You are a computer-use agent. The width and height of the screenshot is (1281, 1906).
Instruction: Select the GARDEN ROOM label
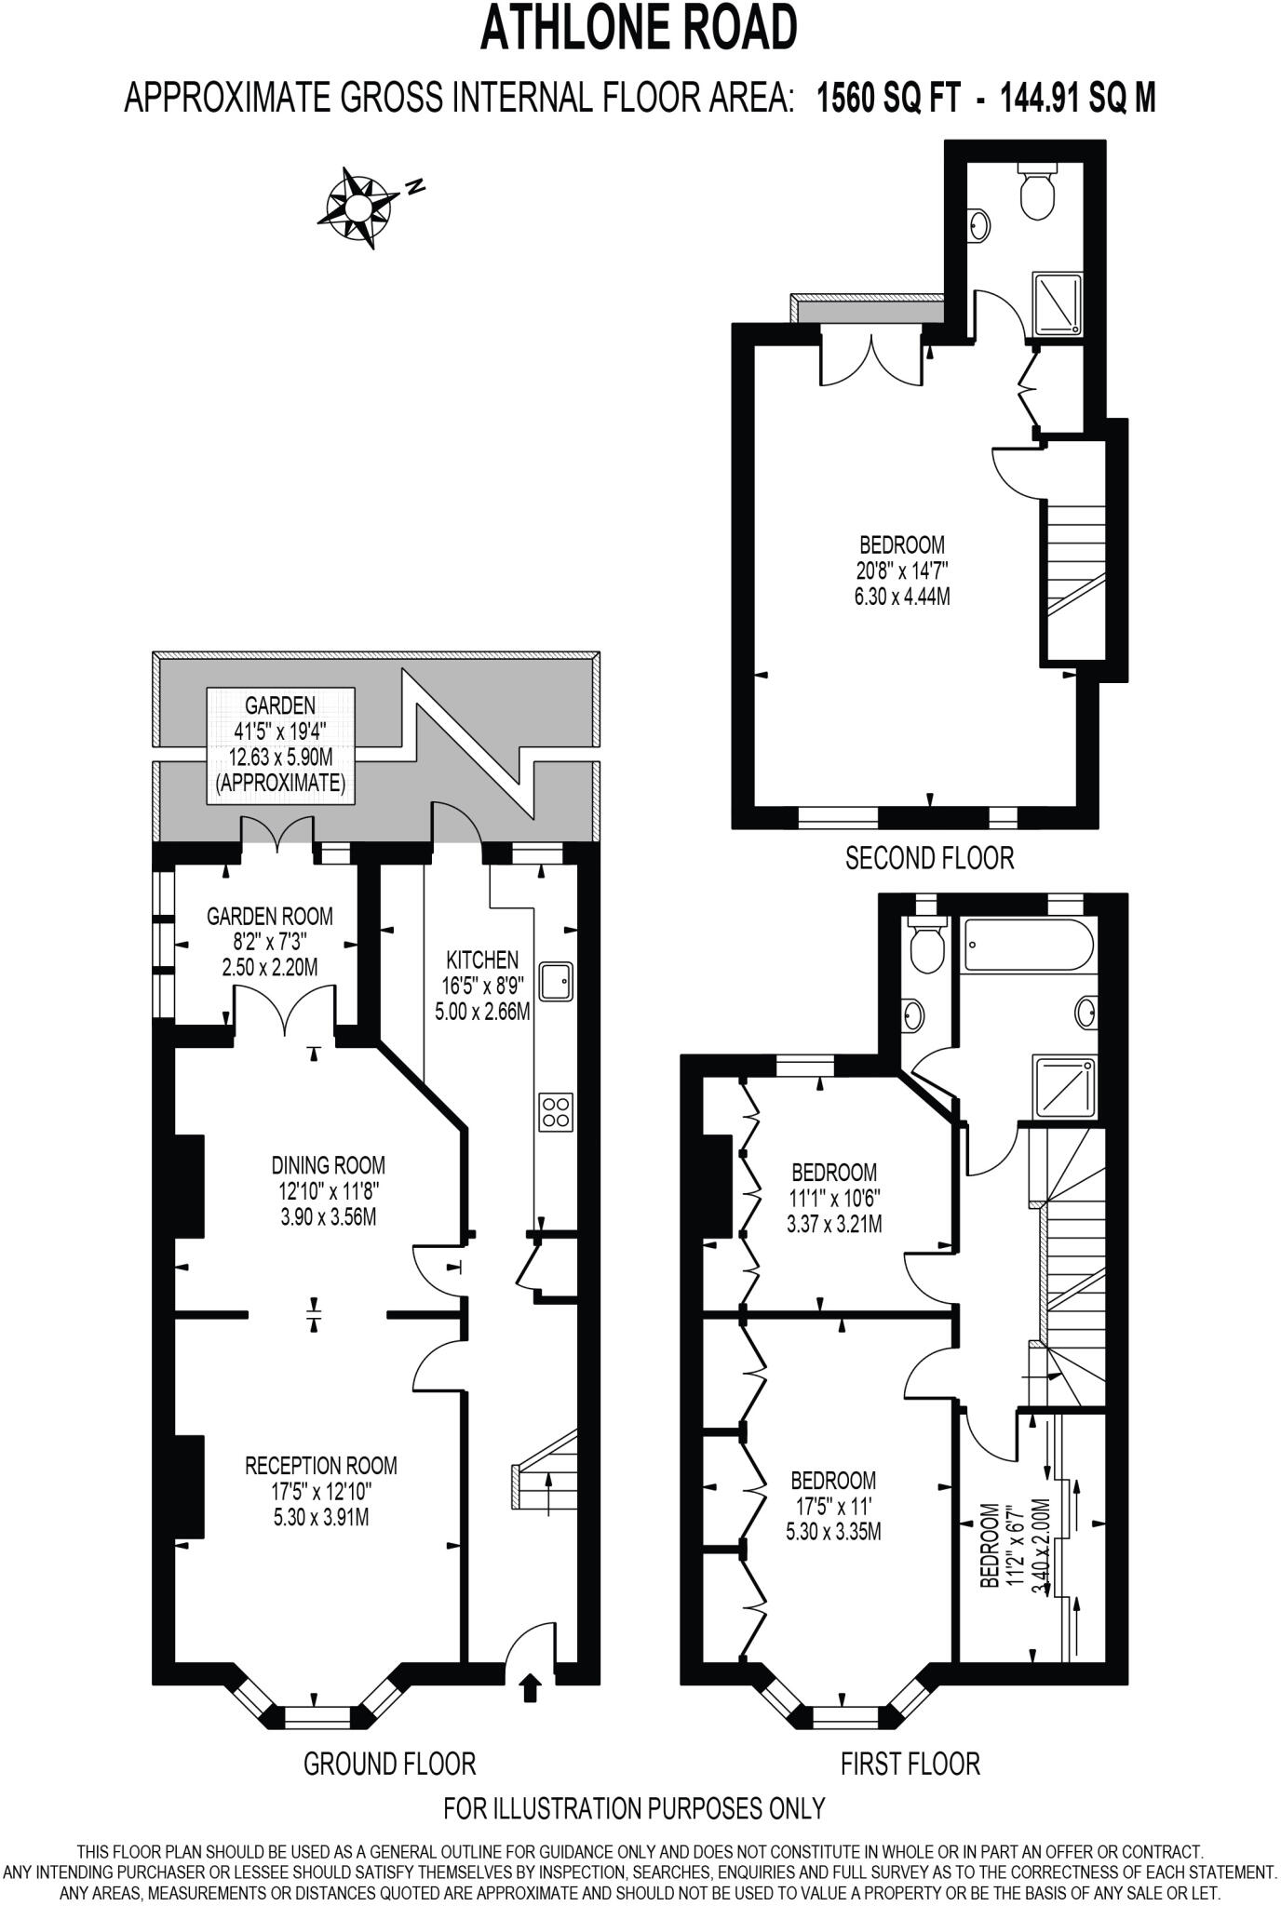(269, 916)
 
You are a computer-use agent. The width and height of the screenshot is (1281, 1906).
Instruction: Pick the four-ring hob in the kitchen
(556, 1111)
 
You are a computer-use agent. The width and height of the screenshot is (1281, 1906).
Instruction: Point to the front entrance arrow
(530, 1687)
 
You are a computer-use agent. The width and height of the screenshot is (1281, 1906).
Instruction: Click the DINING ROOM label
(328, 1164)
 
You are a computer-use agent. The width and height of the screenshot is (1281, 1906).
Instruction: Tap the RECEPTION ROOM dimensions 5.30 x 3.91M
(320, 1518)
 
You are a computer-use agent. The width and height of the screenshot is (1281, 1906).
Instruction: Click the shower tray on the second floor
(1058, 304)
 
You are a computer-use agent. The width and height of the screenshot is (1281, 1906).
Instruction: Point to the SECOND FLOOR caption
(928, 858)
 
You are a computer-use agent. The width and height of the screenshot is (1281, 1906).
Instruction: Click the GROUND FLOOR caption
(389, 1763)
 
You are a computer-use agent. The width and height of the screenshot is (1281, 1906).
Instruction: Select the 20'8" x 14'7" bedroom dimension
(901, 570)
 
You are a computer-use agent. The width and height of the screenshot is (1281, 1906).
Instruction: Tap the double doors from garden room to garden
(277, 832)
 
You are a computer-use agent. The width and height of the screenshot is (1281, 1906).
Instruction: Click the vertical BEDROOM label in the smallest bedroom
(990, 1545)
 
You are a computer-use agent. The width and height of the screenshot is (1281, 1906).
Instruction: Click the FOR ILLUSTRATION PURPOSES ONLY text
(634, 1808)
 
